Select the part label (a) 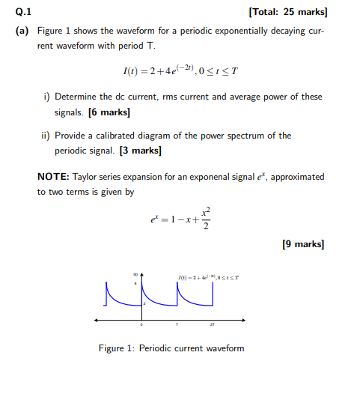tap(22, 33)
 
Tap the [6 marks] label tap(109, 112)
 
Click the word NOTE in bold tap(53, 177)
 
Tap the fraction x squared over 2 tap(206, 219)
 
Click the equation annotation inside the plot tap(209, 279)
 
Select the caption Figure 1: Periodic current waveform tap(171, 348)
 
